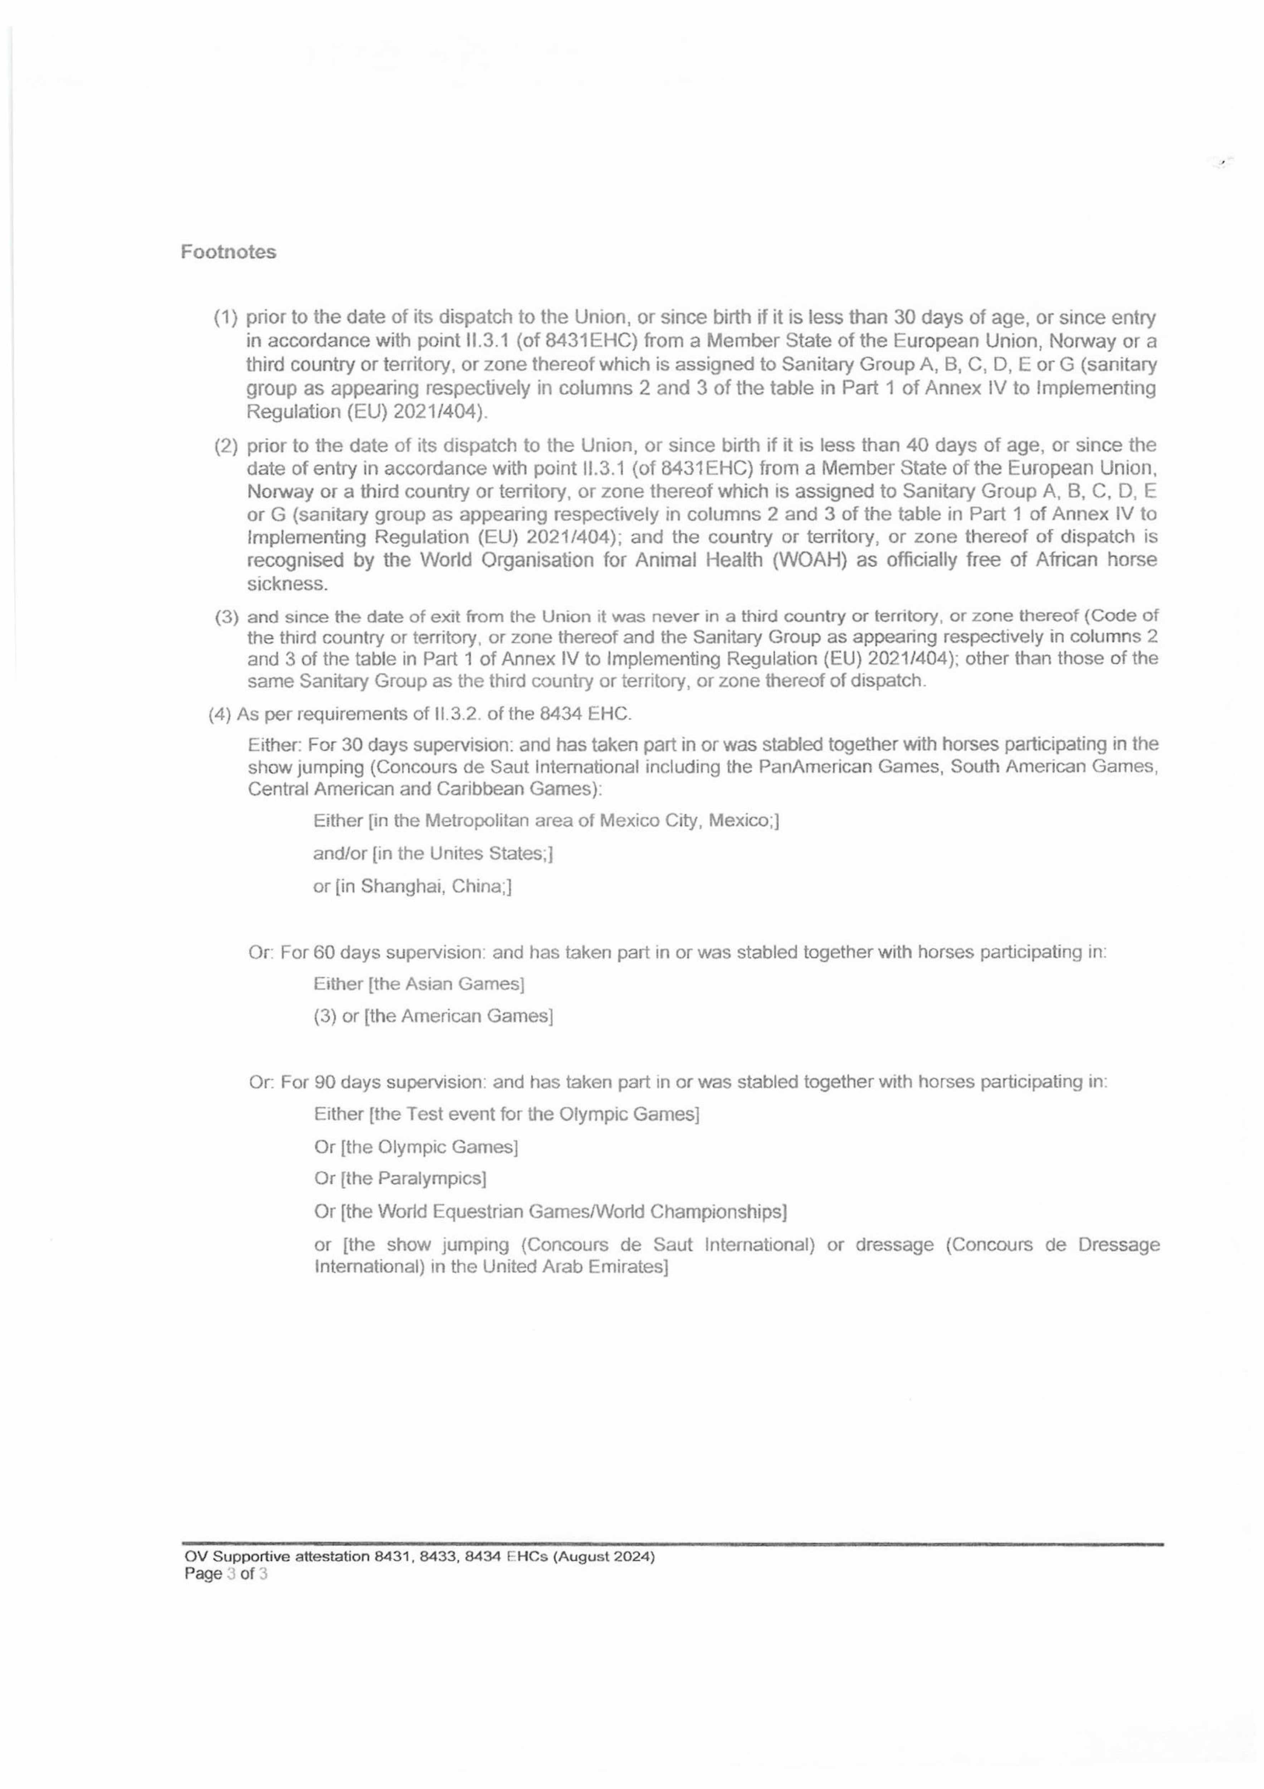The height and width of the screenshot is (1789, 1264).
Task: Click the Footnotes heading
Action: pos(228,253)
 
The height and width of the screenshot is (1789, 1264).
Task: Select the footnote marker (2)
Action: pos(226,446)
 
